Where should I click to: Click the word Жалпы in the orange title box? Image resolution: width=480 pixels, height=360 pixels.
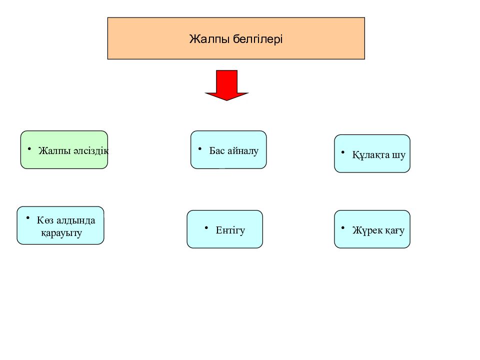click(209, 39)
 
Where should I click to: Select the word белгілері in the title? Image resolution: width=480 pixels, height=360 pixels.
click(258, 39)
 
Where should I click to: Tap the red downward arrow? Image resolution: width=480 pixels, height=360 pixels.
click(226, 85)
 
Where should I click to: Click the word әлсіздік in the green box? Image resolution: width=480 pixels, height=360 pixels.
click(91, 150)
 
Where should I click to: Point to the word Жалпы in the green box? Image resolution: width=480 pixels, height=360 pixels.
click(55, 151)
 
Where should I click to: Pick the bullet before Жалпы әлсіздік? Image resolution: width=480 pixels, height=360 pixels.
click(29, 149)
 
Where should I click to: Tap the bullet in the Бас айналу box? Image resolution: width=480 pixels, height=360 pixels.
click(200, 149)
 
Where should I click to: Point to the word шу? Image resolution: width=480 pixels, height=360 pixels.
click(398, 155)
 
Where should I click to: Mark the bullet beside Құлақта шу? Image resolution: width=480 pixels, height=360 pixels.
click(343, 152)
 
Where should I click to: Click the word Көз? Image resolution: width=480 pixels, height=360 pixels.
click(45, 220)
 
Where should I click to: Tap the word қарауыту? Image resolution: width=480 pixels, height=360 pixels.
click(61, 233)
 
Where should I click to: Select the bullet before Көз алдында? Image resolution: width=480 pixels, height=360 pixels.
click(28, 218)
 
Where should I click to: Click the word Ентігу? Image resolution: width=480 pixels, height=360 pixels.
click(230, 230)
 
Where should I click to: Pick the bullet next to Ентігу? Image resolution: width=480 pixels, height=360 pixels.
click(206, 228)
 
